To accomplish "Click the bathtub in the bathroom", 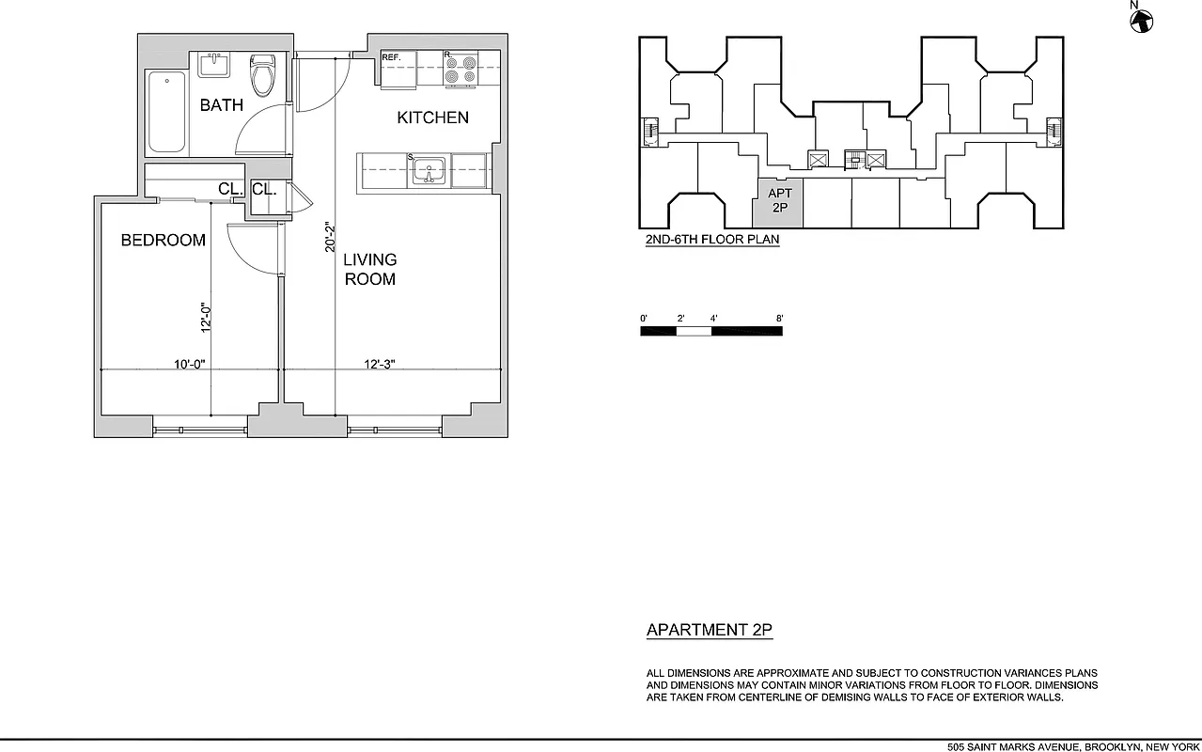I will pos(167,112).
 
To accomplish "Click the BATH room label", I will pos(221,105).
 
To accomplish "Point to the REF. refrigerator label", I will pos(392,58).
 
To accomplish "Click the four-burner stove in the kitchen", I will pos(461,69).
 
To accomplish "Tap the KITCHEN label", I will pos(432,117).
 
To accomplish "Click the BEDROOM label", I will pos(163,241).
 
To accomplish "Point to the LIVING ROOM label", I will pos(369,269).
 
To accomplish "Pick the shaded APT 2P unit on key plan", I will pos(780,202).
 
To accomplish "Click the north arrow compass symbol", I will pos(1143,19).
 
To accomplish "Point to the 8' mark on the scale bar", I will pos(779,319).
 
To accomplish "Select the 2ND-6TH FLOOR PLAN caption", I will pos(711,240).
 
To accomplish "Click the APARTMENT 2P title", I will pos(709,630).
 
